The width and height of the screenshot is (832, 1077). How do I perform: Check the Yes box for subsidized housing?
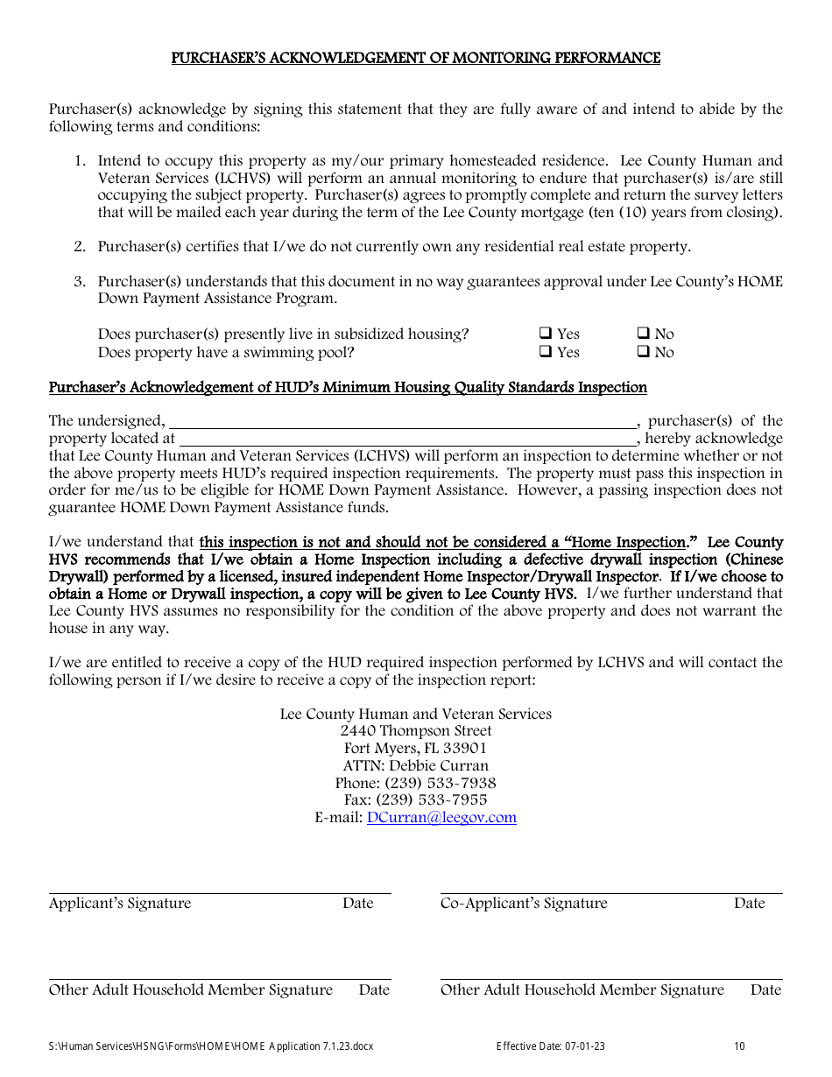point(545,334)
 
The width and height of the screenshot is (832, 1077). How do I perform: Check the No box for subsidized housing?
point(642,334)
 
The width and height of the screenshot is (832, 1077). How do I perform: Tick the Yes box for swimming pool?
point(545,352)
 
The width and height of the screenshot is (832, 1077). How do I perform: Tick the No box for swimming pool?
point(642,352)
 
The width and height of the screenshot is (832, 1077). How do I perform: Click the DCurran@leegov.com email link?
point(441,818)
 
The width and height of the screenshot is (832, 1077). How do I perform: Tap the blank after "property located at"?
point(407,438)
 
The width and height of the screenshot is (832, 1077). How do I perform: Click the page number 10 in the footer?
point(739,1046)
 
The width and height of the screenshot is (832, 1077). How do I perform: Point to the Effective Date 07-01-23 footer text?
point(550,1046)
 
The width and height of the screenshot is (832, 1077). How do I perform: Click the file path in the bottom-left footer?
point(210,1046)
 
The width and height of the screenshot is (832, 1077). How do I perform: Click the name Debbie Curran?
point(439,765)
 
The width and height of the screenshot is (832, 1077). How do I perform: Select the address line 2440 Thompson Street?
point(416,731)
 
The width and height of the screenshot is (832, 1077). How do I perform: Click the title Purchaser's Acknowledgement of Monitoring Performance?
point(415,59)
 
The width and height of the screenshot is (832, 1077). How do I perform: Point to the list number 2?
point(80,247)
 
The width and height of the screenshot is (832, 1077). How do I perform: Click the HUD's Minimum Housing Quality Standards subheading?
point(348,387)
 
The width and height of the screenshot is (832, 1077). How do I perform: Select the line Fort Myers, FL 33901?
point(415,749)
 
